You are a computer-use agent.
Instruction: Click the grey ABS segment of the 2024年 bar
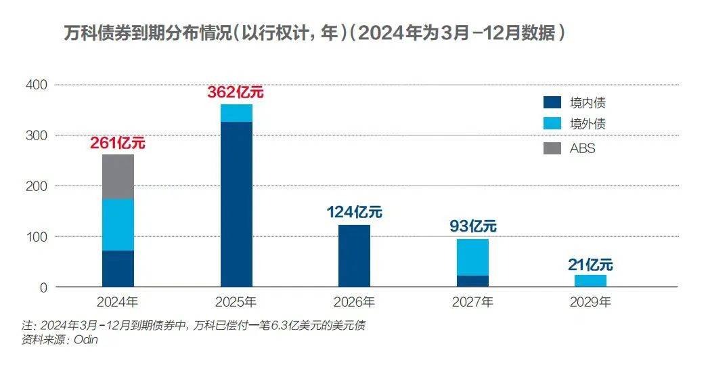[x=118, y=177]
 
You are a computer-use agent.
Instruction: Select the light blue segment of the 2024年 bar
[x=118, y=225]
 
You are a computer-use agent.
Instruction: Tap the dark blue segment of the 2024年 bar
[x=118, y=269]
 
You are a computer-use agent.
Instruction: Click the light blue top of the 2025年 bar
[x=236, y=113]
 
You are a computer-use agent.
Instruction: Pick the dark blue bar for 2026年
[x=354, y=256]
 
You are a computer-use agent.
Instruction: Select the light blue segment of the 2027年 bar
[x=472, y=257]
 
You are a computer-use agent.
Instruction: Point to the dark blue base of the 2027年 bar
[x=472, y=281]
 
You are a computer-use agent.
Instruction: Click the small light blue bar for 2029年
[x=590, y=280]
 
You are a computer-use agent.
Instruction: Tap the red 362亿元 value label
[x=236, y=93]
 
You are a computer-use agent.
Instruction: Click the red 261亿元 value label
[x=118, y=143]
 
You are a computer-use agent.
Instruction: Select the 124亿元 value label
[x=354, y=212]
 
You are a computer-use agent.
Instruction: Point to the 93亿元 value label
[x=473, y=225]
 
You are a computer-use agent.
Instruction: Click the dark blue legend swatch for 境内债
[x=552, y=103]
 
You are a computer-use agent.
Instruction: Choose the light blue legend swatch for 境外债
[x=552, y=124]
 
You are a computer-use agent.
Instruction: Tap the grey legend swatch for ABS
[x=552, y=148]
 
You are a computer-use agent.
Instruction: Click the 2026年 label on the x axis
[x=354, y=302]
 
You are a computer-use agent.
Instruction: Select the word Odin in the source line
[x=86, y=341]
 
